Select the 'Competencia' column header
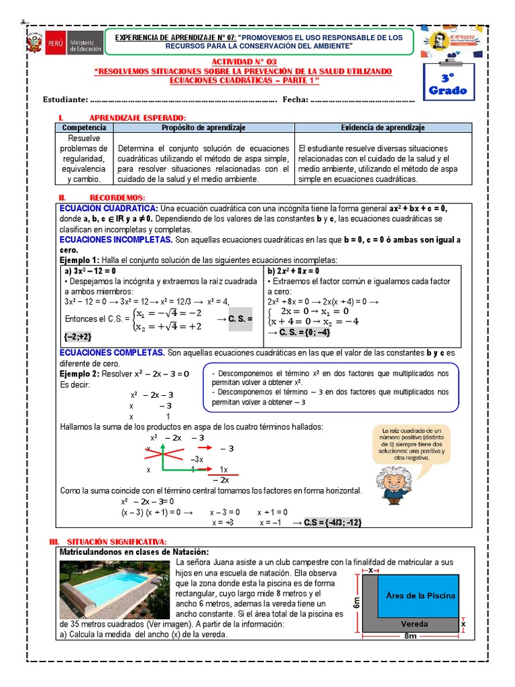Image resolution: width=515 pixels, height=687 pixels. [84, 127]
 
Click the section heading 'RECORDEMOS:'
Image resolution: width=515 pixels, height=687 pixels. [117, 198]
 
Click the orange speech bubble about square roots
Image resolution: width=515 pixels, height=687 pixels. [411, 443]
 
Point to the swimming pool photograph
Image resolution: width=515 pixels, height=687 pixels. [115, 587]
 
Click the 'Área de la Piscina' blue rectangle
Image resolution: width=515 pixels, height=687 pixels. [420, 595]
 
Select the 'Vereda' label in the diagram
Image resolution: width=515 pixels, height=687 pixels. [414, 624]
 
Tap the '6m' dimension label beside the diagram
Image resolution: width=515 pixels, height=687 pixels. [357, 602]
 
